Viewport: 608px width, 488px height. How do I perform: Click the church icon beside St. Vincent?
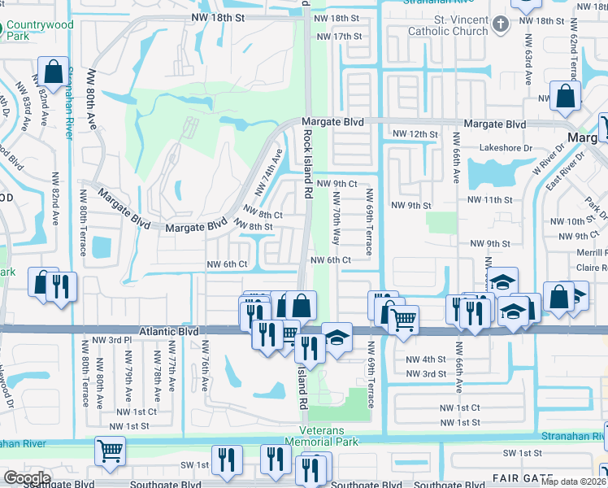tap(500, 24)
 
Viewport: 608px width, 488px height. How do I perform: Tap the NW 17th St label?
tap(339, 37)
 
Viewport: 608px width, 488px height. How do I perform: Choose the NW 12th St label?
tap(415, 133)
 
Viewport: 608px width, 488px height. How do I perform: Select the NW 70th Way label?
tap(336, 219)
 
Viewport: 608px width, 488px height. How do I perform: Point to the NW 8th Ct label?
tap(266, 215)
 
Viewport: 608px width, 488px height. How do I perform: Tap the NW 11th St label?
tap(490, 199)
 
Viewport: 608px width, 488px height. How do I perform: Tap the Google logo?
tap(27, 478)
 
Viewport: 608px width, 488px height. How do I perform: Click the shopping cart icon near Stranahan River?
tap(109, 450)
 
